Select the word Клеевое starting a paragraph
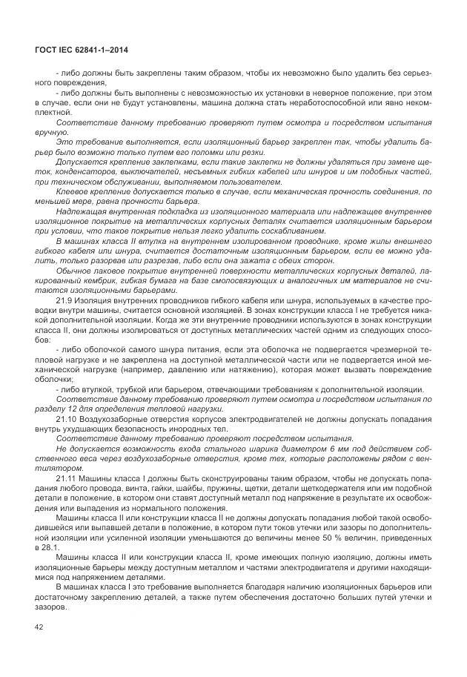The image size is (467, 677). (x=74, y=191)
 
